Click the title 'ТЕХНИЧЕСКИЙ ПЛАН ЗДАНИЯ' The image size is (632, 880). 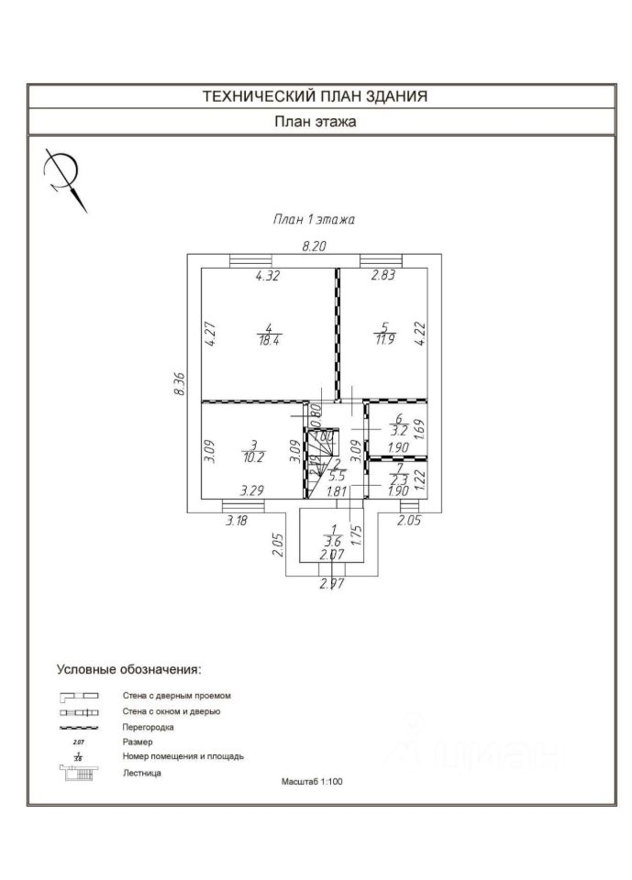[x=316, y=96]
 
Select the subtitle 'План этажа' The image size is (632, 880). [x=316, y=121]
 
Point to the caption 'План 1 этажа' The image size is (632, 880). [x=313, y=219]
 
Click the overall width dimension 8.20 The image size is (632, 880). [x=315, y=246]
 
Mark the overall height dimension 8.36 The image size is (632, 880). [x=180, y=383]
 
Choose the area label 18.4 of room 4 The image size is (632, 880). [x=268, y=341]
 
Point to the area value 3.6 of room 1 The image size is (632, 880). [x=333, y=541]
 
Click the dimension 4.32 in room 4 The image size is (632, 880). [x=267, y=275]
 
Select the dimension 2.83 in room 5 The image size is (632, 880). [x=383, y=275]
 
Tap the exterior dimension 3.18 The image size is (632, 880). [x=237, y=521]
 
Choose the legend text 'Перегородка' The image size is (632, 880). [x=148, y=726]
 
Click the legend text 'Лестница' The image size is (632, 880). [x=142, y=774]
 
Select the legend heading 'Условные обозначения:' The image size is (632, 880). [x=128, y=669]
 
